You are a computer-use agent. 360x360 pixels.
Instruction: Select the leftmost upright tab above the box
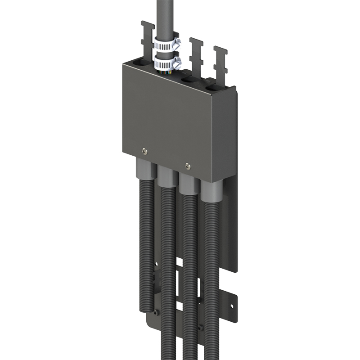pyautogui.click(x=145, y=36)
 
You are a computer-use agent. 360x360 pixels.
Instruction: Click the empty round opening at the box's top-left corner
pyautogui.click(x=137, y=61)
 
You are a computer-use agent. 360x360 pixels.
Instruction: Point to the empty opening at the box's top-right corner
pyautogui.click(x=215, y=84)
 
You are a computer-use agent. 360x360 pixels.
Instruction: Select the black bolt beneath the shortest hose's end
pyautogui.click(x=156, y=312)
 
